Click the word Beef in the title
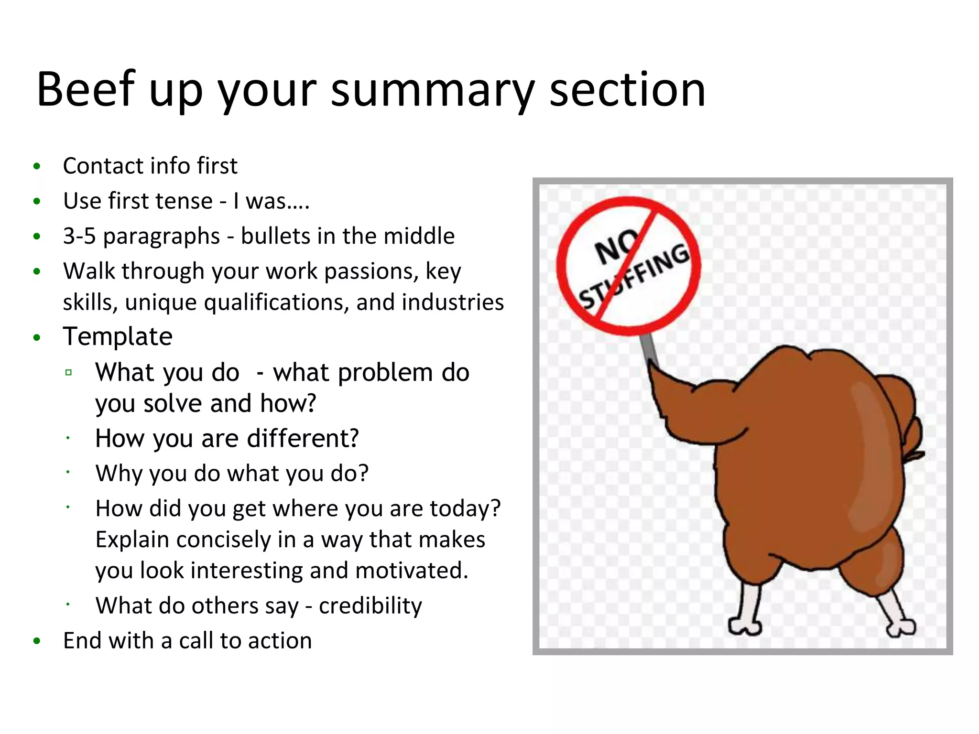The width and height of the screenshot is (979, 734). click(86, 89)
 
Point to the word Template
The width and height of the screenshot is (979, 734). click(118, 336)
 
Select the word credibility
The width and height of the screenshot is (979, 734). click(370, 606)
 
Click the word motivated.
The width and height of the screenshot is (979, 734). click(412, 571)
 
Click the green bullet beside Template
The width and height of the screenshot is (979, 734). click(37, 338)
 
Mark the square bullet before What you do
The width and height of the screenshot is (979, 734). click(68, 373)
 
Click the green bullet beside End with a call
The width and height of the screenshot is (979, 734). click(37, 641)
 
